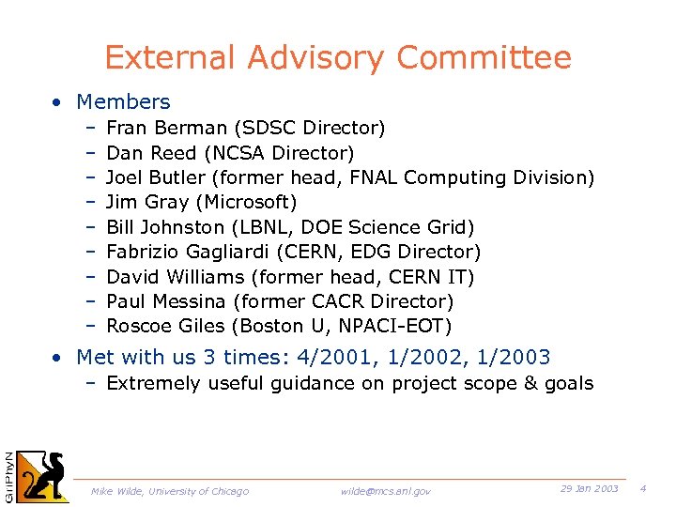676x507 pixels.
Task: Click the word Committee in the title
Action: click(x=484, y=58)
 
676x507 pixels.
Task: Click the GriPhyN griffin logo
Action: click(x=42, y=476)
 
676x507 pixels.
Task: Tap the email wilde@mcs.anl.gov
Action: click(x=386, y=491)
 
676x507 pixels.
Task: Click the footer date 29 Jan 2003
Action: click(x=589, y=489)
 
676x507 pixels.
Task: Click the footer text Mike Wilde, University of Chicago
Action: click(x=170, y=491)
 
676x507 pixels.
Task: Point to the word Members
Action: click(x=123, y=101)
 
